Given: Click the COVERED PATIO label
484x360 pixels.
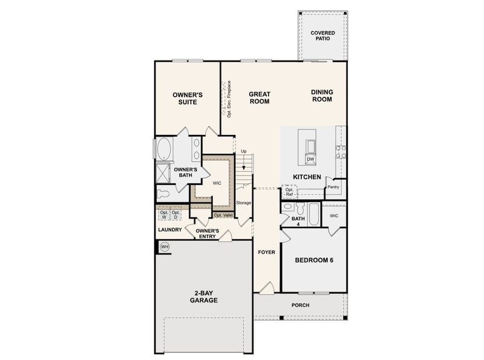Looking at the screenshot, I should click(322, 36).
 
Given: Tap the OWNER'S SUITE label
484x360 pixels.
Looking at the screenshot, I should click(187, 99).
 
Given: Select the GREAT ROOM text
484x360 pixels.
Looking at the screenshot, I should click(260, 97).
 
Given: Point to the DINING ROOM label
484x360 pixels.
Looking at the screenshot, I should click(322, 96).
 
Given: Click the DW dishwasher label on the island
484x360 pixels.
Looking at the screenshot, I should click(310, 159).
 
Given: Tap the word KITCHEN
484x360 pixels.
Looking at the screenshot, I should click(307, 176).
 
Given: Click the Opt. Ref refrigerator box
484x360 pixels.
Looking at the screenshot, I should click(289, 192).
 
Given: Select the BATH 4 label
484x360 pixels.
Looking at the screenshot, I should click(298, 222).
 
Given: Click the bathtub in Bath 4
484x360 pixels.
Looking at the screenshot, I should click(313, 215).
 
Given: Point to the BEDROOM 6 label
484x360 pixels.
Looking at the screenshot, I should click(314, 260).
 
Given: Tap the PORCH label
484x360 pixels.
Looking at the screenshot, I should click(300, 306).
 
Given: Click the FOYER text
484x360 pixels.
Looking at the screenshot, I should click(266, 251).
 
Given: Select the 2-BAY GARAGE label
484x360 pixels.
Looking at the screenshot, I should click(203, 296).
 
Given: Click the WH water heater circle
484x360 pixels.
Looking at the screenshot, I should click(164, 247).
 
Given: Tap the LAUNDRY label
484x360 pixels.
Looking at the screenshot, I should click(170, 230).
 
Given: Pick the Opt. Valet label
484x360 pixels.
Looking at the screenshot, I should click(223, 215).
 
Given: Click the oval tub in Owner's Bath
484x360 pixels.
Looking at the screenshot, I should click(164, 148).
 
